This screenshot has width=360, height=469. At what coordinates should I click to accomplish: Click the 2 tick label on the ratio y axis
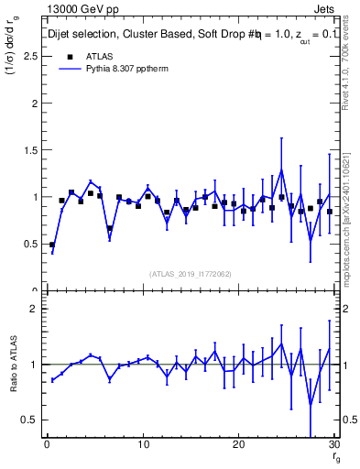click(34, 309)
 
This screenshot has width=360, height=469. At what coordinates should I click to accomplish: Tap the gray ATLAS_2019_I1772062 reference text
click(190, 274)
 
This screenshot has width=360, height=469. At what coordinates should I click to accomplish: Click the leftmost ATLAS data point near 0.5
click(52, 245)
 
